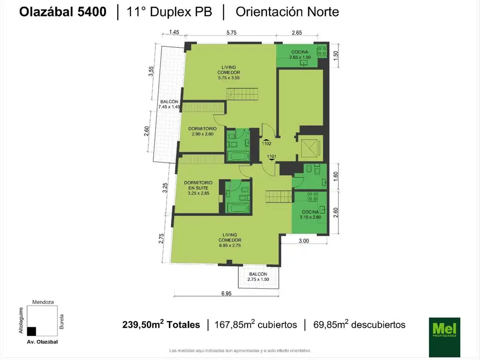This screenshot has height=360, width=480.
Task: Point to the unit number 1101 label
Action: coord(272,157)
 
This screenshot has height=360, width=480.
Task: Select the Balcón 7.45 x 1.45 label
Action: coord(169,105)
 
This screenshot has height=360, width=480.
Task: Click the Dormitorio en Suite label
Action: coord(198,187)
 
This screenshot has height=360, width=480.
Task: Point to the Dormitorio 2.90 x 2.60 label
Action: coord(202,131)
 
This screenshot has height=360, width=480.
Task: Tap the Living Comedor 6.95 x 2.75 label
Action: coord(230,240)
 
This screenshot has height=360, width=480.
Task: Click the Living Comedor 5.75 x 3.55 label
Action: coord(229,72)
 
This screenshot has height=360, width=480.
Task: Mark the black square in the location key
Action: coord(31,331)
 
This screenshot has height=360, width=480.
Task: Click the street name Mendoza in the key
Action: coord(43,302)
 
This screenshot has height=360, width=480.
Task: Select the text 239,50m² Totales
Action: coord(161,324)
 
